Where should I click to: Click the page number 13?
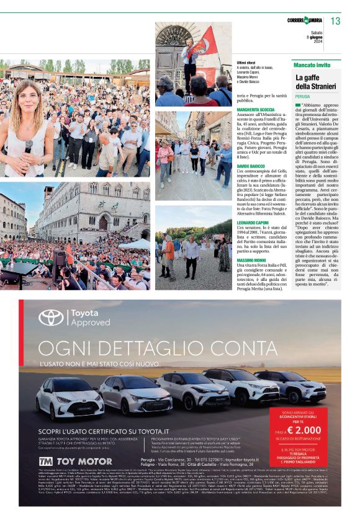335,21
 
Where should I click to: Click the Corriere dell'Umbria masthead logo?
304,22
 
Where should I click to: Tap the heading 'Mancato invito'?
312,65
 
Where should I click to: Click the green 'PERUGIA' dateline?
303,97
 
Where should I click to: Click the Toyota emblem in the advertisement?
51,318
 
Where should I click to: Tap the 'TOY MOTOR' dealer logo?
66,461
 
